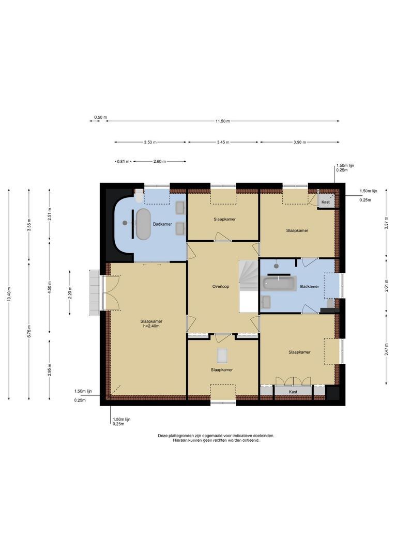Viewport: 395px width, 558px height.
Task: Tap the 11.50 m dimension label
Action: pyautogui.click(x=222, y=121)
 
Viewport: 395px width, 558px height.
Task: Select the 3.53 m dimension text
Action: pyautogui.click(x=150, y=142)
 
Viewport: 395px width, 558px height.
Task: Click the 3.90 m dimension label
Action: pyautogui.click(x=299, y=142)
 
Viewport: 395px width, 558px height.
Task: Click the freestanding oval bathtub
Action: pyautogui.click(x=143, y=223)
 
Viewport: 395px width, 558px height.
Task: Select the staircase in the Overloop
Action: pyautogui.click(x=248, y=279)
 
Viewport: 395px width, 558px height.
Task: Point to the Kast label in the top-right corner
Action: pyautogui.click(x=325, y=202)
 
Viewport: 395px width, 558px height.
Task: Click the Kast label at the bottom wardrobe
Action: pyautogui.click(x=293, y=392)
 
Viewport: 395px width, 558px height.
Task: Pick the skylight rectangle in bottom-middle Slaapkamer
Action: pyautogui.click(x=222, y=355)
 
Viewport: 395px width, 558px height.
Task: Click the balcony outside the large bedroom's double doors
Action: pyautogui.click(x=94, y=292)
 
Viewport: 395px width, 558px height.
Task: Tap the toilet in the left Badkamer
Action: pyautogui.click(x=139, y=195)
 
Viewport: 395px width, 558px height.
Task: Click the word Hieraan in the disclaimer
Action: pyautogui.click(x=180, y=441)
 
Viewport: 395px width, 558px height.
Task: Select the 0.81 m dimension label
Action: pyautogui.click(x=123, y=162)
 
